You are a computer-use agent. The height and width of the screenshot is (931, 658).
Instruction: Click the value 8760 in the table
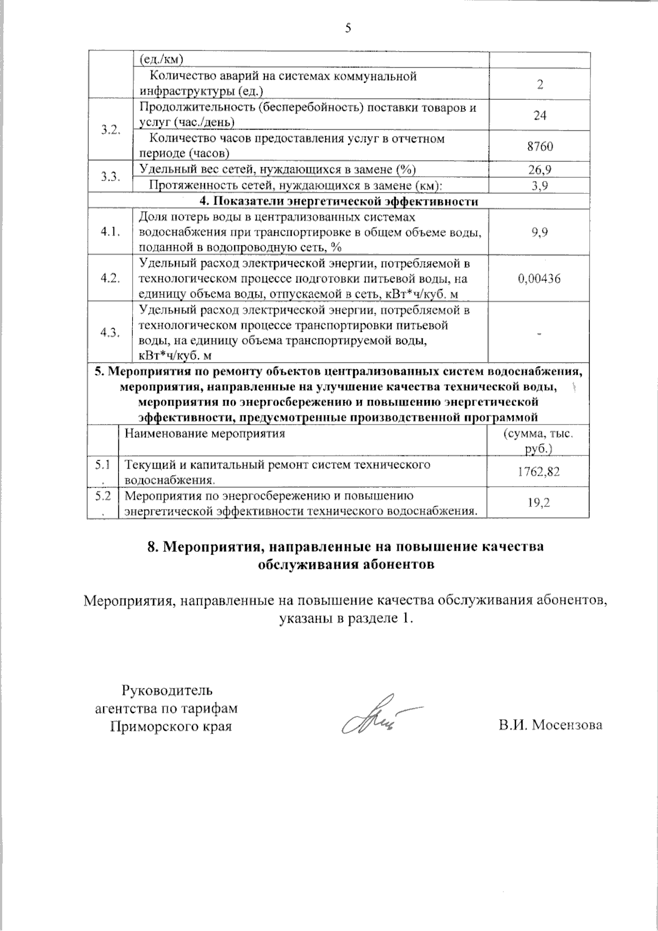click(540, 146)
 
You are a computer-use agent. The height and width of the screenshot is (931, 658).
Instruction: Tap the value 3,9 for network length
click(540, 186)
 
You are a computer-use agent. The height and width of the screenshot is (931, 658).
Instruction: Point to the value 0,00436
click(540, 279)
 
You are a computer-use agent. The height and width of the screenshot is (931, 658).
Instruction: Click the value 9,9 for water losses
click(540, 233)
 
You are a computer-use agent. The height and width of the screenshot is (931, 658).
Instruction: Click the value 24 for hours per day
click(540, 115)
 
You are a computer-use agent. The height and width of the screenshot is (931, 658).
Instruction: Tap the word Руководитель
click(167, 690)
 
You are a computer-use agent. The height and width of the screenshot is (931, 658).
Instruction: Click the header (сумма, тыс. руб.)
click(538, 441)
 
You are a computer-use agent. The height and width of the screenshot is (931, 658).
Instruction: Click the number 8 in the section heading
click(152, 547)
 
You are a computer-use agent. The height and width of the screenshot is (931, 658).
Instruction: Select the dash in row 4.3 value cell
click(540, 333)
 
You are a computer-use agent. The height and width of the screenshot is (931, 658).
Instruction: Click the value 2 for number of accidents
click(540, 84)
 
